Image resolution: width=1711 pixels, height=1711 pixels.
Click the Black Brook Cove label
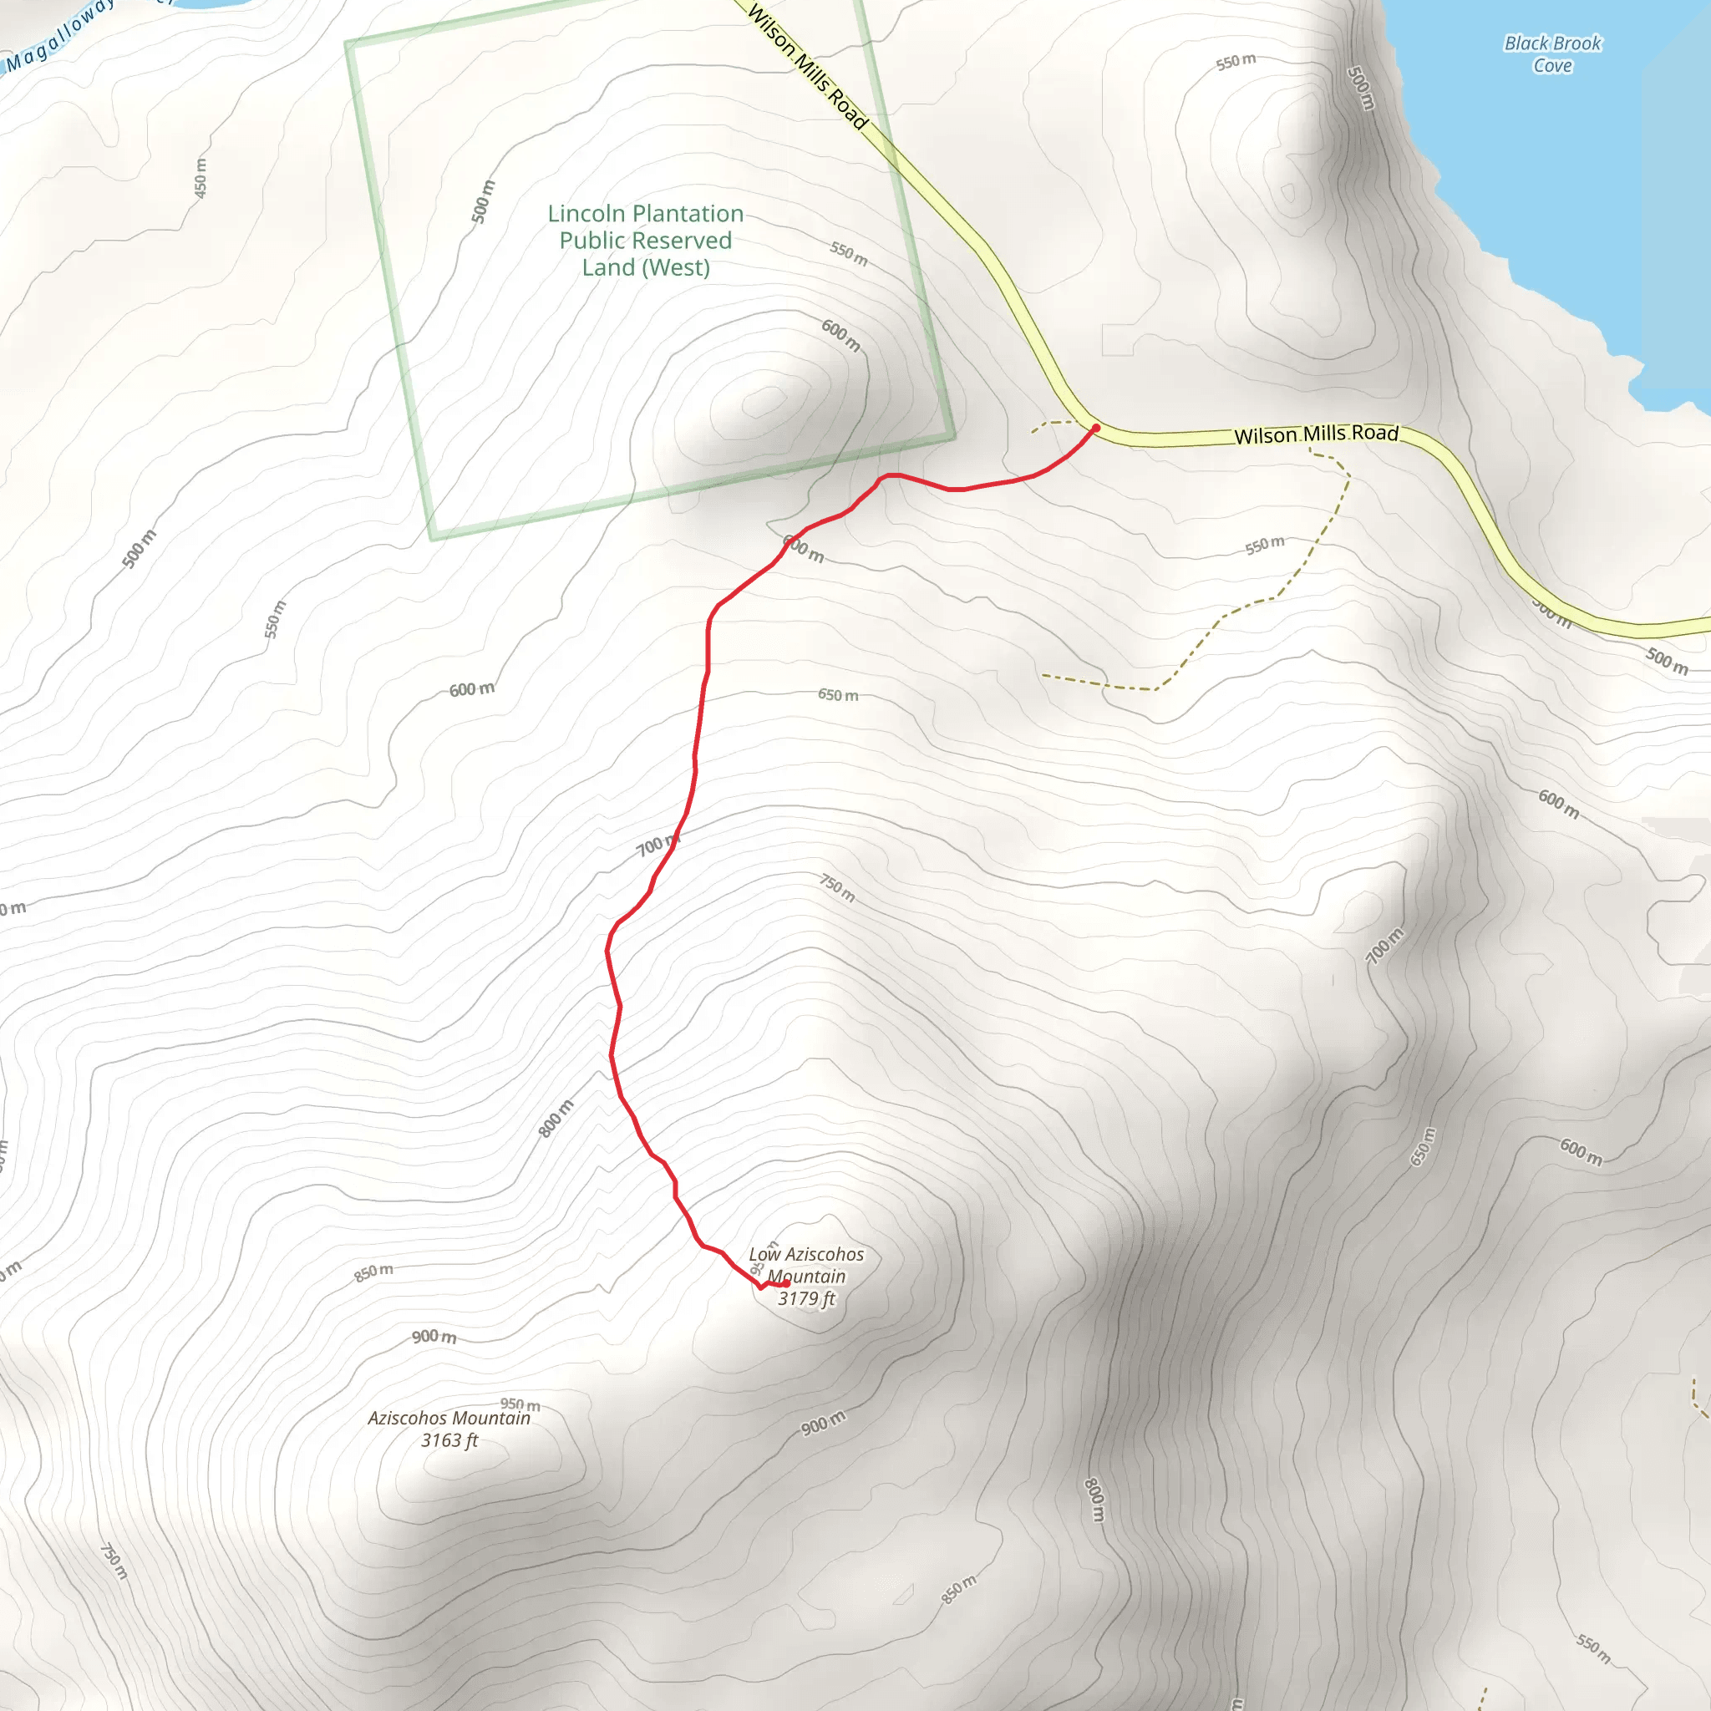coord(1552,54)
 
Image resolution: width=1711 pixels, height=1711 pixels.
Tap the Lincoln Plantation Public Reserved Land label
coord(645,240)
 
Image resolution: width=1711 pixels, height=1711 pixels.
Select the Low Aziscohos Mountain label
coord(806,1266)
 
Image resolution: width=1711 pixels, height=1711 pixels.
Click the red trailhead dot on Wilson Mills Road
coord(1095,428)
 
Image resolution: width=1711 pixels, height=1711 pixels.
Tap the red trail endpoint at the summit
coord(786,1283)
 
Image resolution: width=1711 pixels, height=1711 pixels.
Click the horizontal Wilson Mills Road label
coord(1316,434)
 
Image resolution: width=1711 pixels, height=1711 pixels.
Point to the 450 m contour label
coord(201,177)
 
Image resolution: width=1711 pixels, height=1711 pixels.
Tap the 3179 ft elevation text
coord(806,1298)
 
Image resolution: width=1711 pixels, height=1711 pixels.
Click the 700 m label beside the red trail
coord(656,845)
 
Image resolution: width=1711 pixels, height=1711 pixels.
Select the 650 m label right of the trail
coord(838,695)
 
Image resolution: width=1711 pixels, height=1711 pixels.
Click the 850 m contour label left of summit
coord(373,1272)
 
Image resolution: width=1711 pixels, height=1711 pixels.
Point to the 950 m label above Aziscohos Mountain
coord(520,1404)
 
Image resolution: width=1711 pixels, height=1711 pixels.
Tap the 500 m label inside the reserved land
coord(483,201)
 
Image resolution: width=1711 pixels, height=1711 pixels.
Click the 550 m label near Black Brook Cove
coord(1236,61)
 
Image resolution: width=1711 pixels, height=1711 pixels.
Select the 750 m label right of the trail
coord(837,887)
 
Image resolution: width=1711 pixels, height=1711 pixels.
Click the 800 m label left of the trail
coord(556,1119)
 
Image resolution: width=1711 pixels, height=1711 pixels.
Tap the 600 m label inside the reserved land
coord(840,335)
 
